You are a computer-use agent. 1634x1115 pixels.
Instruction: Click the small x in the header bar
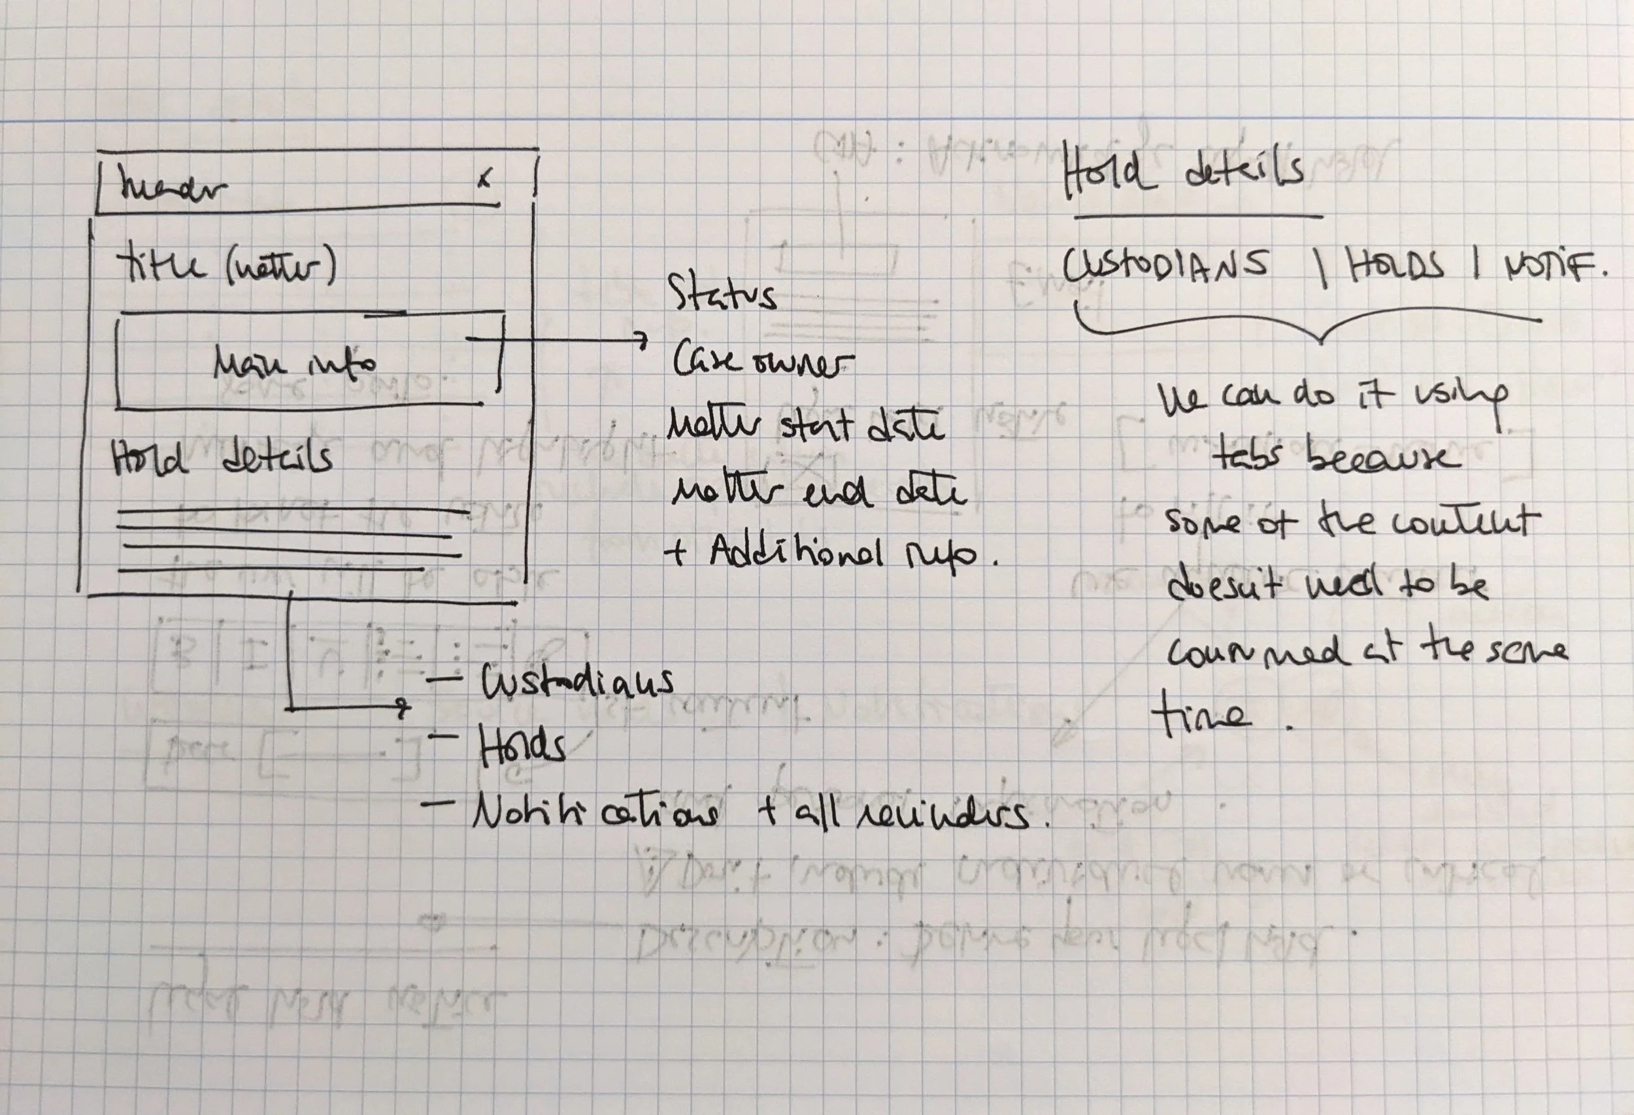click(x=484, y=179)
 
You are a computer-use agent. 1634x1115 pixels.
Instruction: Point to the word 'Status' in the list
click(x=722, y=295)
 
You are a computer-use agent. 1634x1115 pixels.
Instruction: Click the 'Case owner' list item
click(x=762, y=361)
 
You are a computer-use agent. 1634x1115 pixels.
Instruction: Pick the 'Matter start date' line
click(x=805, y=426)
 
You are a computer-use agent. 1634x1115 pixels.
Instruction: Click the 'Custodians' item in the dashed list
click(x=576, y=680)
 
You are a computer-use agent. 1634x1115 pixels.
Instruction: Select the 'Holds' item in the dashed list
click(x=522, y=746)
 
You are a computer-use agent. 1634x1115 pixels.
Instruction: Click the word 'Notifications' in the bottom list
click(x=595, y=814)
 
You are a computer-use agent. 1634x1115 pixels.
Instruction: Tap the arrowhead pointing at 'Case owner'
click(x=641, y=341)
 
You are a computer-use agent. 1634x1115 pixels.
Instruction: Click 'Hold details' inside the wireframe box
click(x=222, y=458)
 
